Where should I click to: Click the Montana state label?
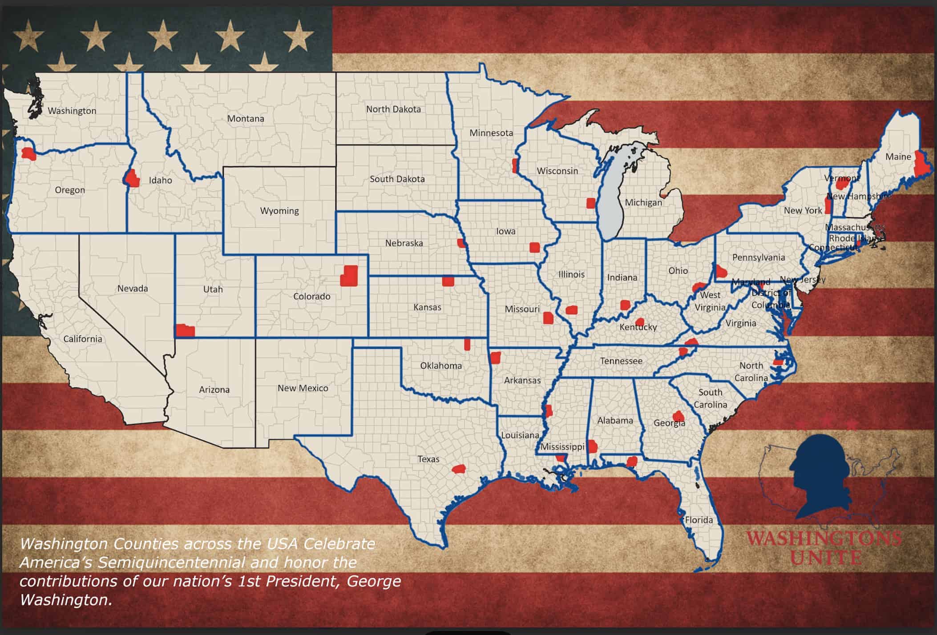(246, 119)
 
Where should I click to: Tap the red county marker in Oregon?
(29, 154)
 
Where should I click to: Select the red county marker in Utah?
(185, 331)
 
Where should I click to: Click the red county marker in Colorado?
(349, 276)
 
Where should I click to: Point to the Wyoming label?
(279, 211)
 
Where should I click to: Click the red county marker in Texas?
(458, 469)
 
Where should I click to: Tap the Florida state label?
(699, 520)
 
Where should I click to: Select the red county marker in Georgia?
(679, 417)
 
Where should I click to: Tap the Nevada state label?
(133, 289)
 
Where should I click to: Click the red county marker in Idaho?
(132, 179)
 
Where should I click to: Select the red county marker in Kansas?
(448, 281)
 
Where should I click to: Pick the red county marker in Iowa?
(534, 247)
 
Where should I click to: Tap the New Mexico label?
(303, 388)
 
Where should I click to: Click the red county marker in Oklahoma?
(467, 344)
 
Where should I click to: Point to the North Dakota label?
(393, 109)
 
